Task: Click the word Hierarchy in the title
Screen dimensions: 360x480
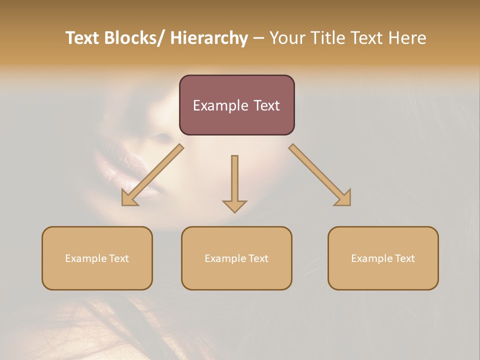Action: (209, 38)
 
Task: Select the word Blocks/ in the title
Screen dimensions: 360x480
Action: (131, 38)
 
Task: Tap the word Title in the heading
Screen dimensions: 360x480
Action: (324, 38)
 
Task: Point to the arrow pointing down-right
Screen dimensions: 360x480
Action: (320, 175)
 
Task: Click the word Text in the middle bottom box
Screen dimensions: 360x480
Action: (258, 258)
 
